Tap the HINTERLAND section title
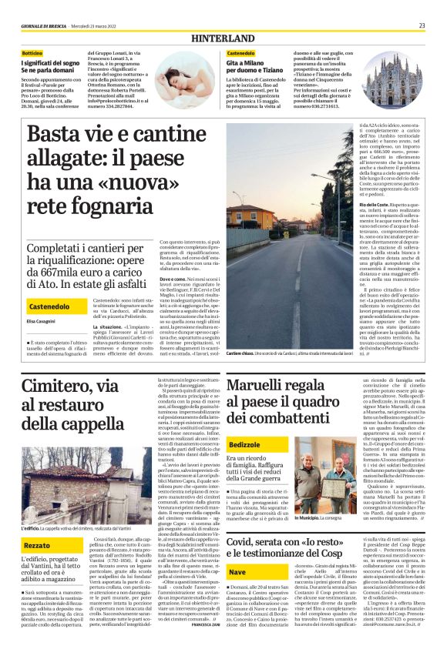(x=223, y=37)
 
